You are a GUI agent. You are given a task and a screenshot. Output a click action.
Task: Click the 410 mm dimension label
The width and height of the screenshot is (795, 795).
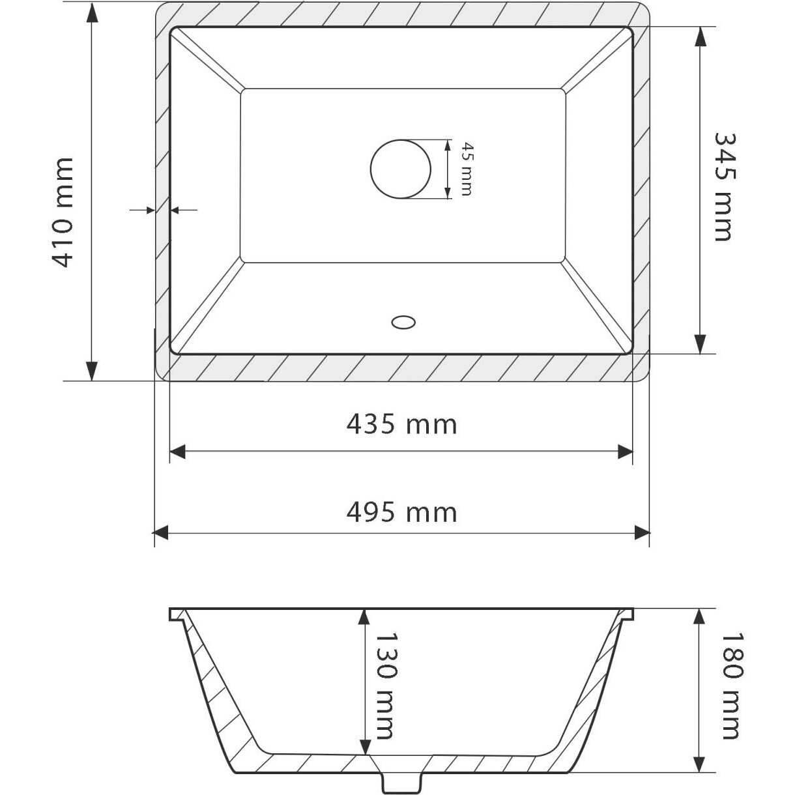tap(63, 212)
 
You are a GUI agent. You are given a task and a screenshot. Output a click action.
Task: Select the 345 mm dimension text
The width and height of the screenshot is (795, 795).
tap(725, 186)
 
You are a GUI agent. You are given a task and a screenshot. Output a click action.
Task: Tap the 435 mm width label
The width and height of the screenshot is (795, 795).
tap(401, 424)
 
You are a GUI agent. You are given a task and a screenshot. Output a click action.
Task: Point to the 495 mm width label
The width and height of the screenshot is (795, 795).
tap(401, 512)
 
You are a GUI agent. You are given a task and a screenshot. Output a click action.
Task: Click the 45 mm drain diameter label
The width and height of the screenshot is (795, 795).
tap(467, 169)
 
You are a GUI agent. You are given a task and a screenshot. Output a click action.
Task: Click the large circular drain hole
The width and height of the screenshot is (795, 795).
tap(401, 169)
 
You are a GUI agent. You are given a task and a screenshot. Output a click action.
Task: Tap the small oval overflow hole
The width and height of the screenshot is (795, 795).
tap(403, 322)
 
